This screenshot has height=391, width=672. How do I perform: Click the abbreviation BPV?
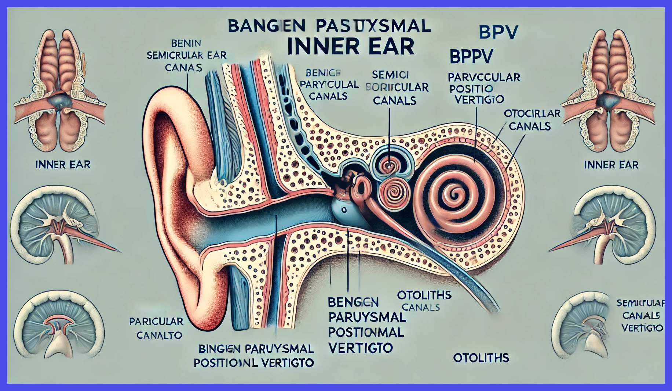(498, 32)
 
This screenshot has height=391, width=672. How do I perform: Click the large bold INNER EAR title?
(351, 47)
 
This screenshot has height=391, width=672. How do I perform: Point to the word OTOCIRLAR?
(532, 114)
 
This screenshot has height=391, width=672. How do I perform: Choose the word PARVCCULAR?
(483, 78)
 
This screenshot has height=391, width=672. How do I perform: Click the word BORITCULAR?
(397, 87)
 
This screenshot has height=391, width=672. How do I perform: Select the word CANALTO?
(159, 335)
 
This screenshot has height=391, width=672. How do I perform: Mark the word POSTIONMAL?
(366, 333)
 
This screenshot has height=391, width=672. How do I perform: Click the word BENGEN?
(353, 302)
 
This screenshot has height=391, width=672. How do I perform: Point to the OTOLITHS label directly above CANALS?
(424, 295)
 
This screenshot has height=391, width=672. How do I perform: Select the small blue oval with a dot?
(343, 210)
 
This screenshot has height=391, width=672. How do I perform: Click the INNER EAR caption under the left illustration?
(63, 165)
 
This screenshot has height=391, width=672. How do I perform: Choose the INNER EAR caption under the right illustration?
(611, 165)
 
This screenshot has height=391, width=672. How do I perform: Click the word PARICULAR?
(156, 322)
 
